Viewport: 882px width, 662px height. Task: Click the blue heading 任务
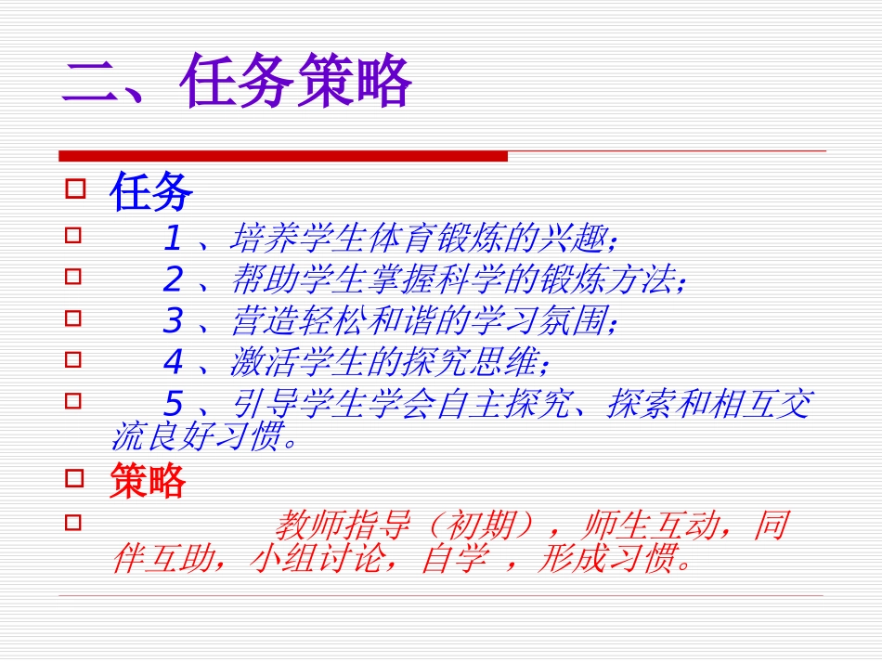pos(151,193)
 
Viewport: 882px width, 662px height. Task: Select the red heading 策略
pos(148,481)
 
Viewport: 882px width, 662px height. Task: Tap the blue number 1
pos(172,240)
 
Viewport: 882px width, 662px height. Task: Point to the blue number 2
pos(173,279)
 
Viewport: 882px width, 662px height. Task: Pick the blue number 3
pos(173,320)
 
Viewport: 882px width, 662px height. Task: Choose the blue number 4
pos(173,361)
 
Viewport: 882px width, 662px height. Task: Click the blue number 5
pos(173,403)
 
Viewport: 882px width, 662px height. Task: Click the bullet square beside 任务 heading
pos(74,189)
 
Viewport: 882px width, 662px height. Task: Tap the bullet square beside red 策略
pos(74,478)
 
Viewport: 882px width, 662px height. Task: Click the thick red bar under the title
pos(283,156)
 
